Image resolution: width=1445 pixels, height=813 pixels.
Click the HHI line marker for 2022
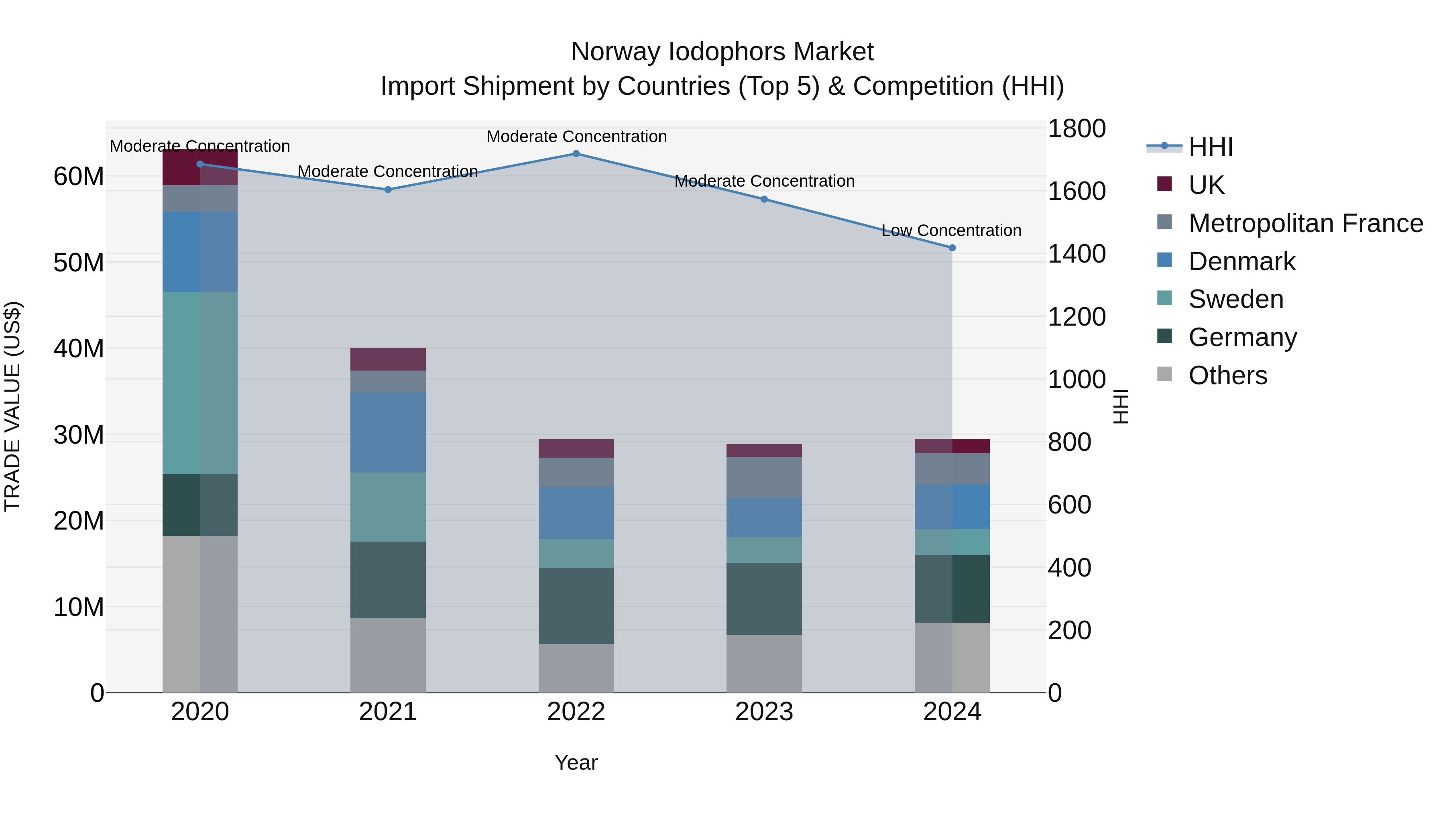576,153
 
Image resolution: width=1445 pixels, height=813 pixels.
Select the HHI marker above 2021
388,189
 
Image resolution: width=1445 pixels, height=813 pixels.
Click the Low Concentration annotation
951,230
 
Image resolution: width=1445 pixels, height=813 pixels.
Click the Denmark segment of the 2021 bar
388,432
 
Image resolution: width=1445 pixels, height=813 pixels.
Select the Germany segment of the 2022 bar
576,605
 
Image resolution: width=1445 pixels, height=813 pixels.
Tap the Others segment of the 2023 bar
763,663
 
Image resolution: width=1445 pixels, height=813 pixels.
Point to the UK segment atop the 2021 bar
388,359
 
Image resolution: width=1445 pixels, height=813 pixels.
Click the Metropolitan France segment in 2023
763,477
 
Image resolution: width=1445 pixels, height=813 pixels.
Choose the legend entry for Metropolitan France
1305,223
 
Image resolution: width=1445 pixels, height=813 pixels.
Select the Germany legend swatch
1164,337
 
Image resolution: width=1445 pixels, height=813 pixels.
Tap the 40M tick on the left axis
79,348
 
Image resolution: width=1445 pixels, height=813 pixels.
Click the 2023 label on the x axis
763,712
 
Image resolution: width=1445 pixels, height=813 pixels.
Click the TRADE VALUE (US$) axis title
12,406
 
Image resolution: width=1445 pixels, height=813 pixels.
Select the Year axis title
576,762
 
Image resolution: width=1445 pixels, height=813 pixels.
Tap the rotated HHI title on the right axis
1120,406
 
